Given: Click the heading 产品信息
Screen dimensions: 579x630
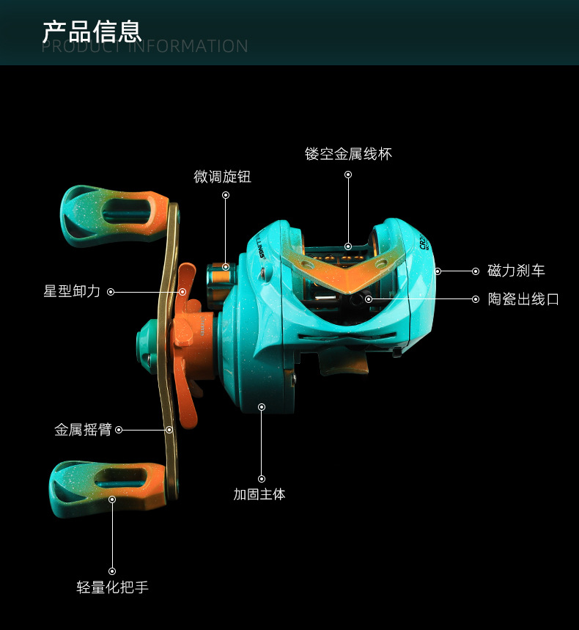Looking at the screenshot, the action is [92, 31].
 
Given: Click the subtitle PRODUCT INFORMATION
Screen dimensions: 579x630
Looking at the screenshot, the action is [144, 47].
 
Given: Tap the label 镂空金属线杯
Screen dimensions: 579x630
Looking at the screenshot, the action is [348, 154].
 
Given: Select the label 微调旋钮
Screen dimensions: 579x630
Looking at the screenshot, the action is [222, 177].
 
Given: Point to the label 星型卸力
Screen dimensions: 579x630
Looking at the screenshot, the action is [71, 291].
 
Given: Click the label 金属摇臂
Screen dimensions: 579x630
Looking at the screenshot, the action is [83, 430].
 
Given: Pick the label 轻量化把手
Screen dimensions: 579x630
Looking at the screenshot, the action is [112, 587].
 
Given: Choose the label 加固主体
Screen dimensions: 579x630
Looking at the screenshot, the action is [259, 494].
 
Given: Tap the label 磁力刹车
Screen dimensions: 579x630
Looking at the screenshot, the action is [516, 271].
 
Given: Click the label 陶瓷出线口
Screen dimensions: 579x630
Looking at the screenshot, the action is [523, 299].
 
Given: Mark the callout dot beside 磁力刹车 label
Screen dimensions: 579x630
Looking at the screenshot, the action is [475, 271].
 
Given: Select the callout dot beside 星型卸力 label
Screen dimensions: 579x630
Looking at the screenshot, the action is [111, 291].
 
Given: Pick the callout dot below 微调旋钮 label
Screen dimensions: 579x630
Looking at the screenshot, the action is [226, 195].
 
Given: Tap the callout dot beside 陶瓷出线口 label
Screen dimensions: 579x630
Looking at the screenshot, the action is [475, 299].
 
